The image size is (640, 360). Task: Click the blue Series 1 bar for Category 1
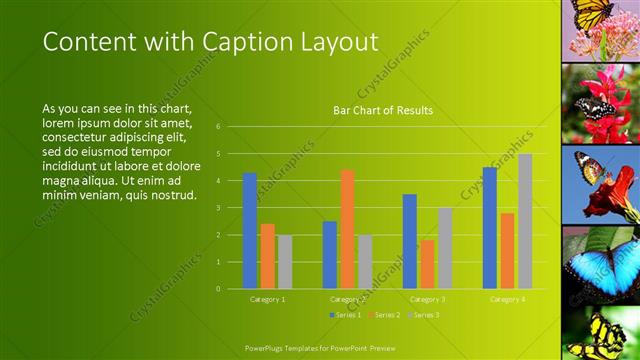click(249, 231)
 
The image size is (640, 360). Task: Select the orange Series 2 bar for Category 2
click(347, 229)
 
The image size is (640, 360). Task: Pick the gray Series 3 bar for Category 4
click(525, 221)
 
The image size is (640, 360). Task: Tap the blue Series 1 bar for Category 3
click(409, 241)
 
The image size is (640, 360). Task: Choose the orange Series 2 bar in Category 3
click(427, 264)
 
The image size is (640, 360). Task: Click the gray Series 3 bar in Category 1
click(285, 262)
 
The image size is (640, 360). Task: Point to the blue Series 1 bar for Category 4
click(489, 228)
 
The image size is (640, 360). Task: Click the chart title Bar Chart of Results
click(383, 110)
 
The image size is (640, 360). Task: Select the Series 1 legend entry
click(345, 315)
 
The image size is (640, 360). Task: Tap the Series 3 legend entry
click(423, 315)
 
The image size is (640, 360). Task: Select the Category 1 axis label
click(267, 299)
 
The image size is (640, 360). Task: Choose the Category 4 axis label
click(507, 299)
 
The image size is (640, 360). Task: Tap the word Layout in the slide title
click(341, 42)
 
